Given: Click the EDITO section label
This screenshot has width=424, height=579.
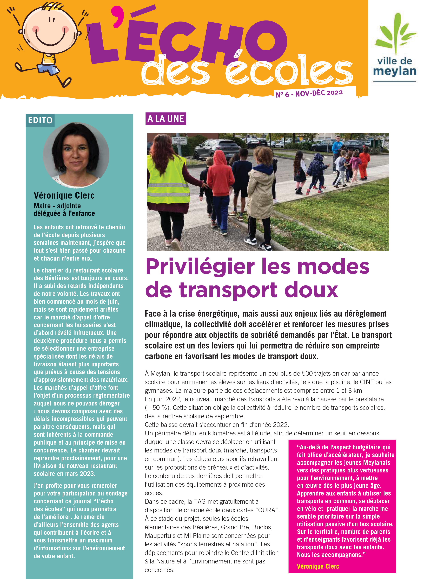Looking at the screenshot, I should (40, 120).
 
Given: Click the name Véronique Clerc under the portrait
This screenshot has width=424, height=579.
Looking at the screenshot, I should (64, 195).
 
